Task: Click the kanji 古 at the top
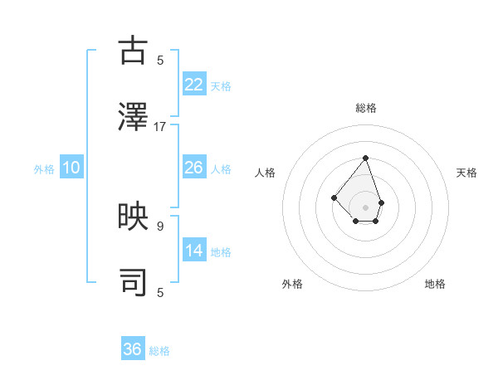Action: tap(134, 51)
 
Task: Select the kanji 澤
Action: tap(134, 117)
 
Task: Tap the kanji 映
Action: tap(134, 217)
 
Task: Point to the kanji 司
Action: tap(134, 283)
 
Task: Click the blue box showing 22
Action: tap(194, 85)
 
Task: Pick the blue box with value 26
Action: tap(194, 168)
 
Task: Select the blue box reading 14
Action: tap(194, 251)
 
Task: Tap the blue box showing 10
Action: tap(71, 168)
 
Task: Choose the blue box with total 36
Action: tap(133, 349)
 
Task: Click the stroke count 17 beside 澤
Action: tap(160, 127)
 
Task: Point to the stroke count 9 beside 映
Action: tap(160, 226)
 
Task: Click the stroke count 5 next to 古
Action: tap(160, 60)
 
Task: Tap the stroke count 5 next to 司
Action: tap(160, 292)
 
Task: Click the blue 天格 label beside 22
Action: tap(221, 86)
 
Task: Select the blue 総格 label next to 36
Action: tap(159, 351)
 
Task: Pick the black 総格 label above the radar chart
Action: tap(365, 108)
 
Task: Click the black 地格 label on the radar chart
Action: tap(435, 284)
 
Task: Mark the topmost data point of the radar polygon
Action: tap(365, 158)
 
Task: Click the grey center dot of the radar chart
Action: tap(365, 207)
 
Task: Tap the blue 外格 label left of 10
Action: tap(44, 169)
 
